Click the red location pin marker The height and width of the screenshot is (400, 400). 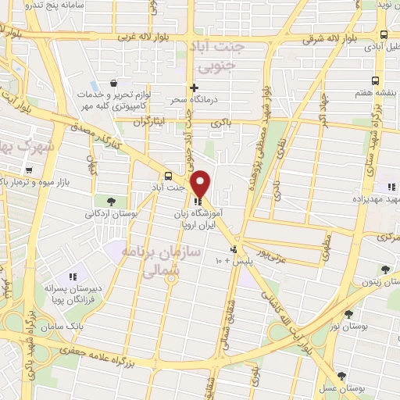coord(201,183)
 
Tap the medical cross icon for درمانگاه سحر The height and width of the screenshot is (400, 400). coord(194,87)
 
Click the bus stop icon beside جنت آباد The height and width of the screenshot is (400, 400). coord(168,175)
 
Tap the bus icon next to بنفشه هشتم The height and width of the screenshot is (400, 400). coord(376,80)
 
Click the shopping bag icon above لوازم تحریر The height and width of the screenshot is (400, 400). coord(114,83)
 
